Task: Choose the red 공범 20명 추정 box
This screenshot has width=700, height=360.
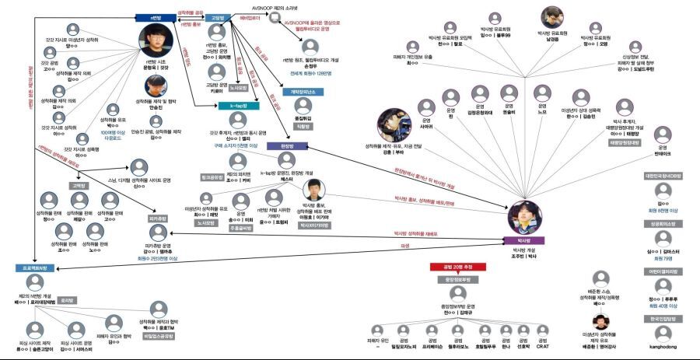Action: tap(456, 267)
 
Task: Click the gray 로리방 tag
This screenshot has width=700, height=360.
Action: tap(68, 299)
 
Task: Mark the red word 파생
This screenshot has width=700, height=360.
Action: tap(404, 245)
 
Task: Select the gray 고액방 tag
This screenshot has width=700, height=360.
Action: tap(79, 186)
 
